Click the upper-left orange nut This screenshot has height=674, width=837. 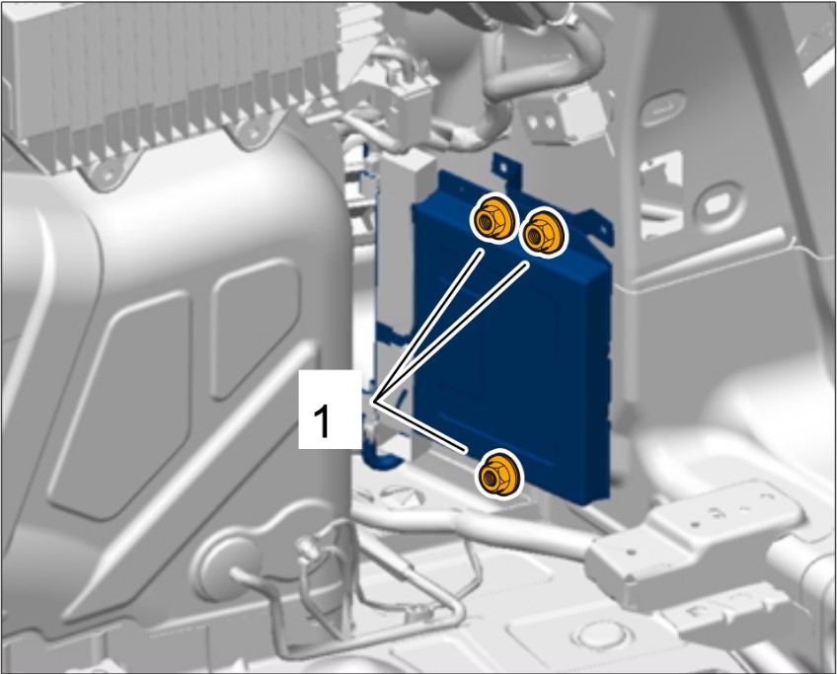pyautogui.click(x=492, y=220)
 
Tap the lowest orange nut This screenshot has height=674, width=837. pyautogui.click(x=498, y=474)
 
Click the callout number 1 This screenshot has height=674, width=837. pyautogui.click(x=322, y=421)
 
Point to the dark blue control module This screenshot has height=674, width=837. pyautogui.click(x=512, y=341)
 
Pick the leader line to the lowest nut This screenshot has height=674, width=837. pyautogui.click(x=421, y=427)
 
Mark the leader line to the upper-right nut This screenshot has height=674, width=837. pyautogui.click(x=452, y=332)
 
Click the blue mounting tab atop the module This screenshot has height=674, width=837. pyautogui.click(x=505, y=171)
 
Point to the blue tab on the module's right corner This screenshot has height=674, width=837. pyautogui.click(x=598, y=227)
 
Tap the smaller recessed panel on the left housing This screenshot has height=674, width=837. pyautogui.click(x=256, y=327)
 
